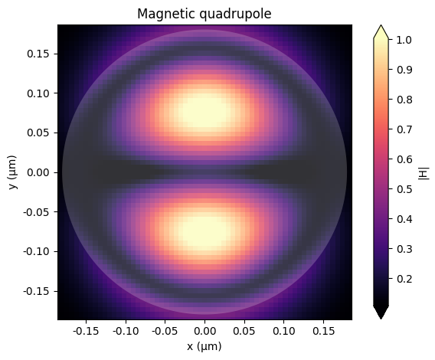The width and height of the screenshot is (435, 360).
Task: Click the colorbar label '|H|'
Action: [424, 172]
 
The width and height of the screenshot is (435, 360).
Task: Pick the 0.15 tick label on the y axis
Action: [37, 54]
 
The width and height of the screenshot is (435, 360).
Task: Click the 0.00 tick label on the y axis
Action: [37, 172]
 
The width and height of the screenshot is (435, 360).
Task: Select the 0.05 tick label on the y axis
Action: [37, 133]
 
